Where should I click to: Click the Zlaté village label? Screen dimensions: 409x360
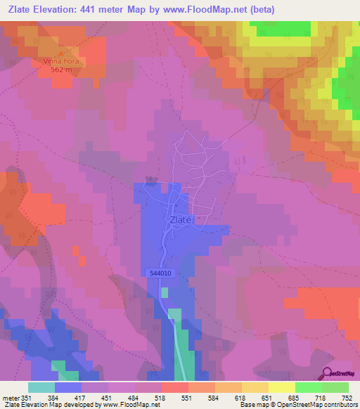(180, 219)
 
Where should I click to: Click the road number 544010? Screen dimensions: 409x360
(161, 273)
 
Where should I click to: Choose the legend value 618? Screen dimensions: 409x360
(241, 397)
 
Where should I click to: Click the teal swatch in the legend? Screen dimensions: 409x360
(41, 388)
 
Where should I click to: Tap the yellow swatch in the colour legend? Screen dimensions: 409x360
(281, 388)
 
